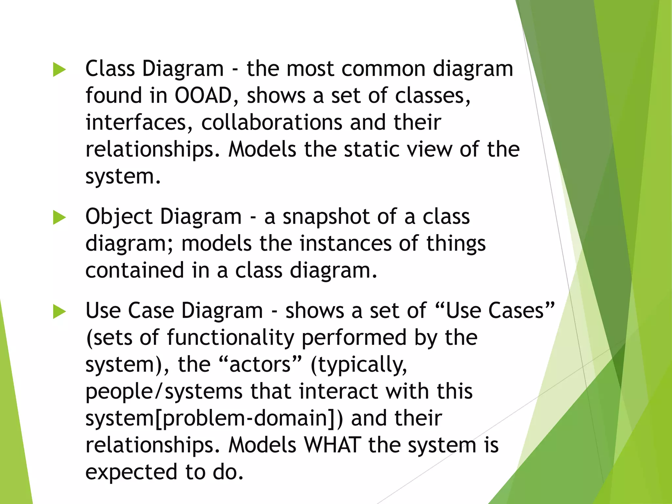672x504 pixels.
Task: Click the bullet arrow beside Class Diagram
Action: (x=59, y=70)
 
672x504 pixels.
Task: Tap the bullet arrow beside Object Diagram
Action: (x=59, y=218)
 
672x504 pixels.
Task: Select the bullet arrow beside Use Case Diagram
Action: (x=59, y=311)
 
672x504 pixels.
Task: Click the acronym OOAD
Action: (x=203, y=96)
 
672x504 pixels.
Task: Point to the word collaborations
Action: (x=272, y=123)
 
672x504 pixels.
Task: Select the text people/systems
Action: (x=164, y=392)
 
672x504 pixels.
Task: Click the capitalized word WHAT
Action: (x=333, y=446)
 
